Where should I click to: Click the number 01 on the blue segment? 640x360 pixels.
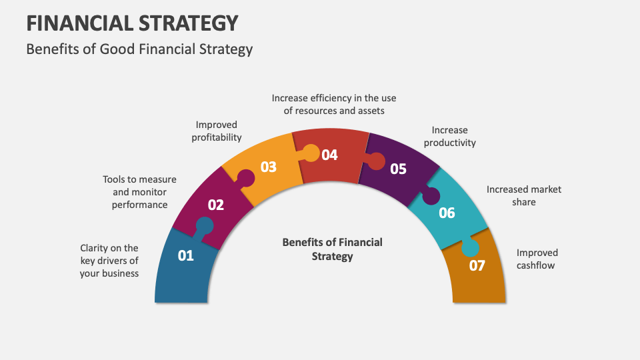185,255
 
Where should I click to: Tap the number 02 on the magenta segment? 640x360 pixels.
215,205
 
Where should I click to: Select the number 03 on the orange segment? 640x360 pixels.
268,167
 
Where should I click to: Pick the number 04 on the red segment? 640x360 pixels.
329,155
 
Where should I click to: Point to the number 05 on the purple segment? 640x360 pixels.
398,169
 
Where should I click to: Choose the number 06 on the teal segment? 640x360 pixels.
447,213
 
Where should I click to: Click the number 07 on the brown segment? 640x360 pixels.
477,265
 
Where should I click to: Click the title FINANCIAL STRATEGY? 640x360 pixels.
132,23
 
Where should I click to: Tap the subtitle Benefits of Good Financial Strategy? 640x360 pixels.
139,49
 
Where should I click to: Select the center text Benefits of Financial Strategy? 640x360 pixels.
332,249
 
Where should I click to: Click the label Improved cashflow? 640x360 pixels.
537,259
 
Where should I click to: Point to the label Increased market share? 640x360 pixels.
523,195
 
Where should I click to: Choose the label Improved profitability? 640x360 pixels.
217,131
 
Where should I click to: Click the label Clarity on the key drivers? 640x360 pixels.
109,261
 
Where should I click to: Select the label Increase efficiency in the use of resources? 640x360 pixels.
334,104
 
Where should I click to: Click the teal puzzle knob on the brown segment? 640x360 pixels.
470,247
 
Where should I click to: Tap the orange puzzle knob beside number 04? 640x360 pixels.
311,154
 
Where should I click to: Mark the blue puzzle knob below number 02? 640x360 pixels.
204,227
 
